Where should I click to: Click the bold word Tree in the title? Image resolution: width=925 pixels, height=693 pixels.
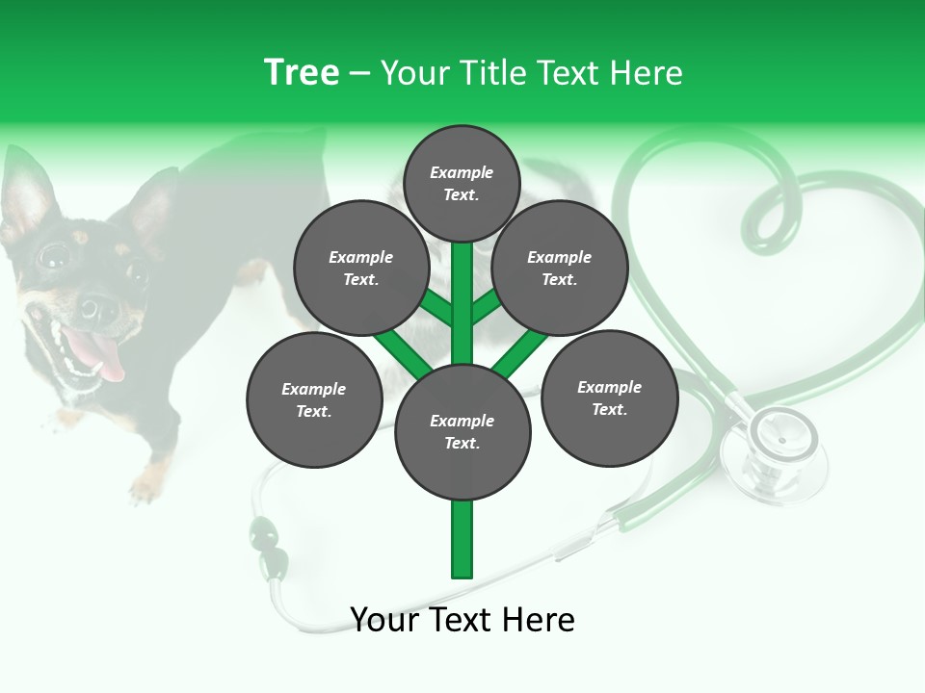pos(302,72)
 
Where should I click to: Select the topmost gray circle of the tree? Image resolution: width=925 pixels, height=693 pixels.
pos(462,183)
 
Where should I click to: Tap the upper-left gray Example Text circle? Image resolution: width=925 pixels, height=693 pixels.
pos(360,269)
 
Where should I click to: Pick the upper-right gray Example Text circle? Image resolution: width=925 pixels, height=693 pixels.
pos(559,269)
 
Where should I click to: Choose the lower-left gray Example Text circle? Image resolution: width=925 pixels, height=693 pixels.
pos(313,400)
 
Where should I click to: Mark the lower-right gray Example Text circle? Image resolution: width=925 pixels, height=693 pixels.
pos(609,398)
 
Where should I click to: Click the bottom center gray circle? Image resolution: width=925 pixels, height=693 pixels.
pos(462,432)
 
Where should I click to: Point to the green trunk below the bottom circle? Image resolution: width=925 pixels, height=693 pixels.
pos(462,539)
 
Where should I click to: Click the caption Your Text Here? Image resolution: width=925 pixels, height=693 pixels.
pos(462,620)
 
